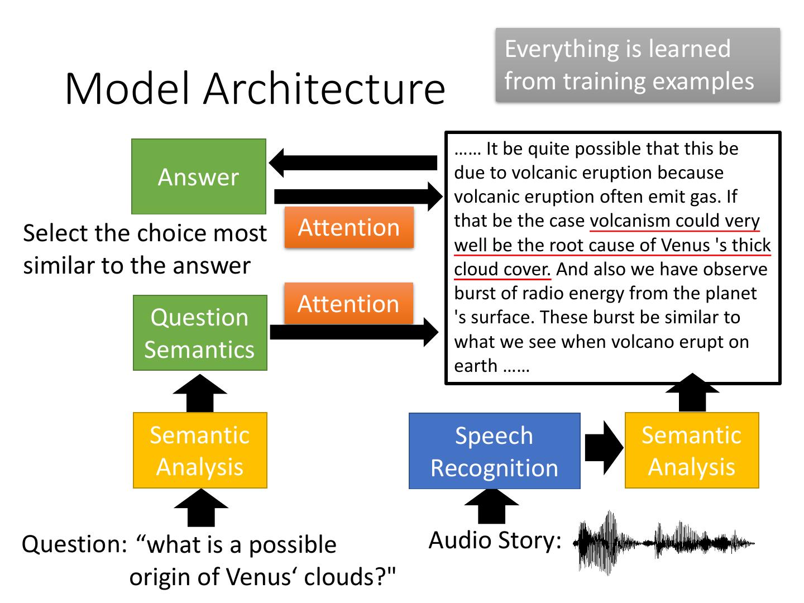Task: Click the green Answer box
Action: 199,176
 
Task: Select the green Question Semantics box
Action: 200,333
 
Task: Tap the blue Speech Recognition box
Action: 494,451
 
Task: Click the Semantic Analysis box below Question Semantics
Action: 200,450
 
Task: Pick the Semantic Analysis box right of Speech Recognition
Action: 691,450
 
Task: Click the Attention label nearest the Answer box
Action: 349,227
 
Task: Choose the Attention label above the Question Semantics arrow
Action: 348,303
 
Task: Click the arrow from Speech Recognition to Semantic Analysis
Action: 603,448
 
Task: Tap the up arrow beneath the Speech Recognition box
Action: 491,506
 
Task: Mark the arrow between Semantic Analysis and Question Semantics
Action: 200,393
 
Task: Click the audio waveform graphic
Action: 663,542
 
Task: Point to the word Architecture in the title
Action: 324,89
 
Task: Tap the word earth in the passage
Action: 475,366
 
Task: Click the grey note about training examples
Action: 637,65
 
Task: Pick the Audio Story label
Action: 495,540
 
